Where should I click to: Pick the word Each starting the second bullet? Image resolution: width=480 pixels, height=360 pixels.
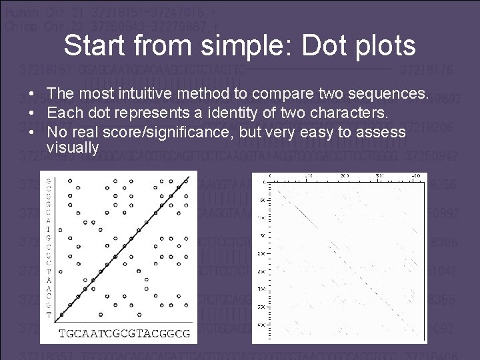(63, 113)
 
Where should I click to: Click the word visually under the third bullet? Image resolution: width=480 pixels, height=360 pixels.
(73, 147)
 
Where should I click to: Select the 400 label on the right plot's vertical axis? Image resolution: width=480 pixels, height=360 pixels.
(261, 325)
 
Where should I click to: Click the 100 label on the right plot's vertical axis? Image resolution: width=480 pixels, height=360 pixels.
(261, 218)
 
